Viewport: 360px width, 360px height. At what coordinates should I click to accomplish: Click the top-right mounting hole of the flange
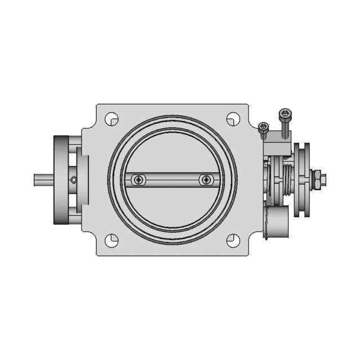[232, 119]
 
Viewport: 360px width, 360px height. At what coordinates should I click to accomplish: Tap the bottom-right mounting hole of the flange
[232, 240]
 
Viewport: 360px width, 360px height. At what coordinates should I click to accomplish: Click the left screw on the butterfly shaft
[138, 179]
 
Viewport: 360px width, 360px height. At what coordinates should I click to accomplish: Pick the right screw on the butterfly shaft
[206, 179]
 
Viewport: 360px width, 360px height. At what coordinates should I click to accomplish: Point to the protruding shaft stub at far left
[43, 180]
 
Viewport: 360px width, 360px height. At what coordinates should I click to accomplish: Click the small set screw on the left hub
[73, 180]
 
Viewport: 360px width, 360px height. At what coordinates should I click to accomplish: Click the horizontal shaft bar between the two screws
[172, 179]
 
